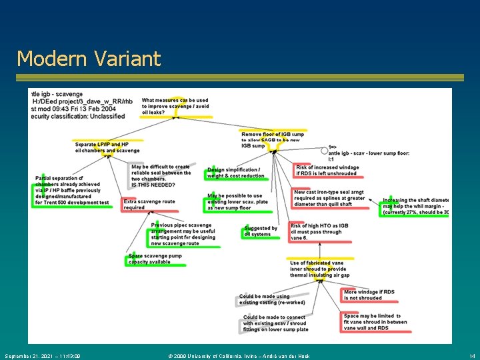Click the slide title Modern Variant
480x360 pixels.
pos(89,59)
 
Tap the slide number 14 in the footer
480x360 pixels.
pos(472,356)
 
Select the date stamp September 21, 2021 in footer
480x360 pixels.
pos(42,356)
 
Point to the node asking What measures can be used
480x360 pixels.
pos(175,106)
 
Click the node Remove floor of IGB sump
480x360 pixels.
pos(272,140)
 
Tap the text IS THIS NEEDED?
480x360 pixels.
pos(153,185)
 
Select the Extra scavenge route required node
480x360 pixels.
pos(149,205)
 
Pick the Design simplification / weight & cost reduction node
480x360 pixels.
pos(236,173)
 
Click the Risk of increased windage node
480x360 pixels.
pos(327,171)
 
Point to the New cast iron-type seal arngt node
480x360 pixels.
pos(329,198)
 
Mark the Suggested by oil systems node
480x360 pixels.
pos(261,231)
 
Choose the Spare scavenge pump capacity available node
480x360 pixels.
pos(155,259)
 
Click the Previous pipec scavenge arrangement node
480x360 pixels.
pos(183,235)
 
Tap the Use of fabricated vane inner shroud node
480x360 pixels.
pos(319,269)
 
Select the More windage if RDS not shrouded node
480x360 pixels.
pos(369,295)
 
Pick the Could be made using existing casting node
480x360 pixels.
pos(265,299)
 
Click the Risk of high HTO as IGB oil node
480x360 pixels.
pos(319,232)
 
